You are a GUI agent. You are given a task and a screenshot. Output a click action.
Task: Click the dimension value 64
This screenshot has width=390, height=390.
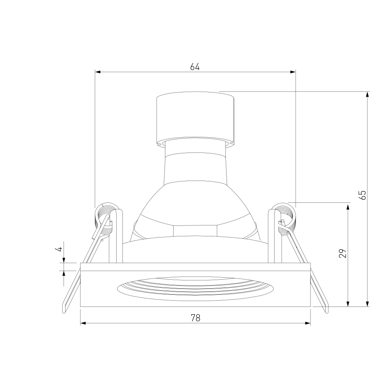coord(195,67)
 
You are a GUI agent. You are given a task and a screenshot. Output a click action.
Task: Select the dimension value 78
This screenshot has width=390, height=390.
coord(195,317)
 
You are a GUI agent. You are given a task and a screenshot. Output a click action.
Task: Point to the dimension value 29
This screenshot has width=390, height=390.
coord(343,253)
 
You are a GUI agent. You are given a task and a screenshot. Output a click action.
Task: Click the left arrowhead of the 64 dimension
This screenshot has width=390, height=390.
coord(98,72)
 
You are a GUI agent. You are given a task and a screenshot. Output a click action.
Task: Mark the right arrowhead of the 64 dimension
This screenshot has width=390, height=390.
coord(293,72)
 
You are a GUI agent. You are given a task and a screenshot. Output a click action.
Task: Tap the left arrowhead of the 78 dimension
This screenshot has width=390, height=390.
coord(83,323)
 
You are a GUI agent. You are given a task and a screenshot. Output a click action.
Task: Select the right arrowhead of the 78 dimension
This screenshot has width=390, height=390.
coord(308,323)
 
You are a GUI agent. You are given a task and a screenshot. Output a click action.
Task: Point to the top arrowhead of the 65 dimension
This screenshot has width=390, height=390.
coord(367,94)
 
